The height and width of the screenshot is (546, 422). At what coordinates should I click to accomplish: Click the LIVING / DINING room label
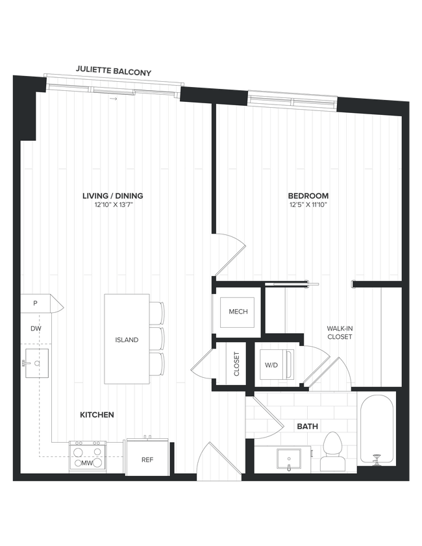pyautogui.click(x=112, y=196)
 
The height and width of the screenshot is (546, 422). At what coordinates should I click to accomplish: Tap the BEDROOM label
pyautogui.click(x=308, y=196)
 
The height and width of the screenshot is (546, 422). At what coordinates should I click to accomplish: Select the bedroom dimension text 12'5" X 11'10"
pyautogui.click(x=308, y=205)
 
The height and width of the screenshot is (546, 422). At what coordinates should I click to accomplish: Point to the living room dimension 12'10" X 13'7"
pyautogui.click(x=112, y=205)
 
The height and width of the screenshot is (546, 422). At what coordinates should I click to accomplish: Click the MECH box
pyautogui.click(x=238, y=312)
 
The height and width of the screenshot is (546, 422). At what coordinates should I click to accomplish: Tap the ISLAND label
pyautogui.click(x=127, y=340)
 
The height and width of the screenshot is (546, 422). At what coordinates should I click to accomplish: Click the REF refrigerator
pyautogui.click(x=147, y=459)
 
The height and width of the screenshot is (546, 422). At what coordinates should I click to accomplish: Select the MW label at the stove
pyautogui.click(x=86, y=463)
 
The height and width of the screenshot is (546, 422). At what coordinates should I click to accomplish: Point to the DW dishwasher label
pyautogui.click(x=36, y=329)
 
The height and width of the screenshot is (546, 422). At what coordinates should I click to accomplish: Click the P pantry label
pyautogui.click(x=36, y=303)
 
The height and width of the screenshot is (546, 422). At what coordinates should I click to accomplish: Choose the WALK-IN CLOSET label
pyautogui.click(x=339, y=333)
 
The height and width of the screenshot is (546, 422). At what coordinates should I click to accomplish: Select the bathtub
pyautogui.click(x=377, y=429)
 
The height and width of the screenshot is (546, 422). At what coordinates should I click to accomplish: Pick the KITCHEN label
pyautogui.click(x=97, y=415)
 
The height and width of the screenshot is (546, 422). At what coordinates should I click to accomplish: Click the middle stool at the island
pyautogui.click(x=158, y=338)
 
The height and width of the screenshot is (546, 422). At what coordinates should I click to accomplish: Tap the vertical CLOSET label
pyautogui.click(x=236, y=365)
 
